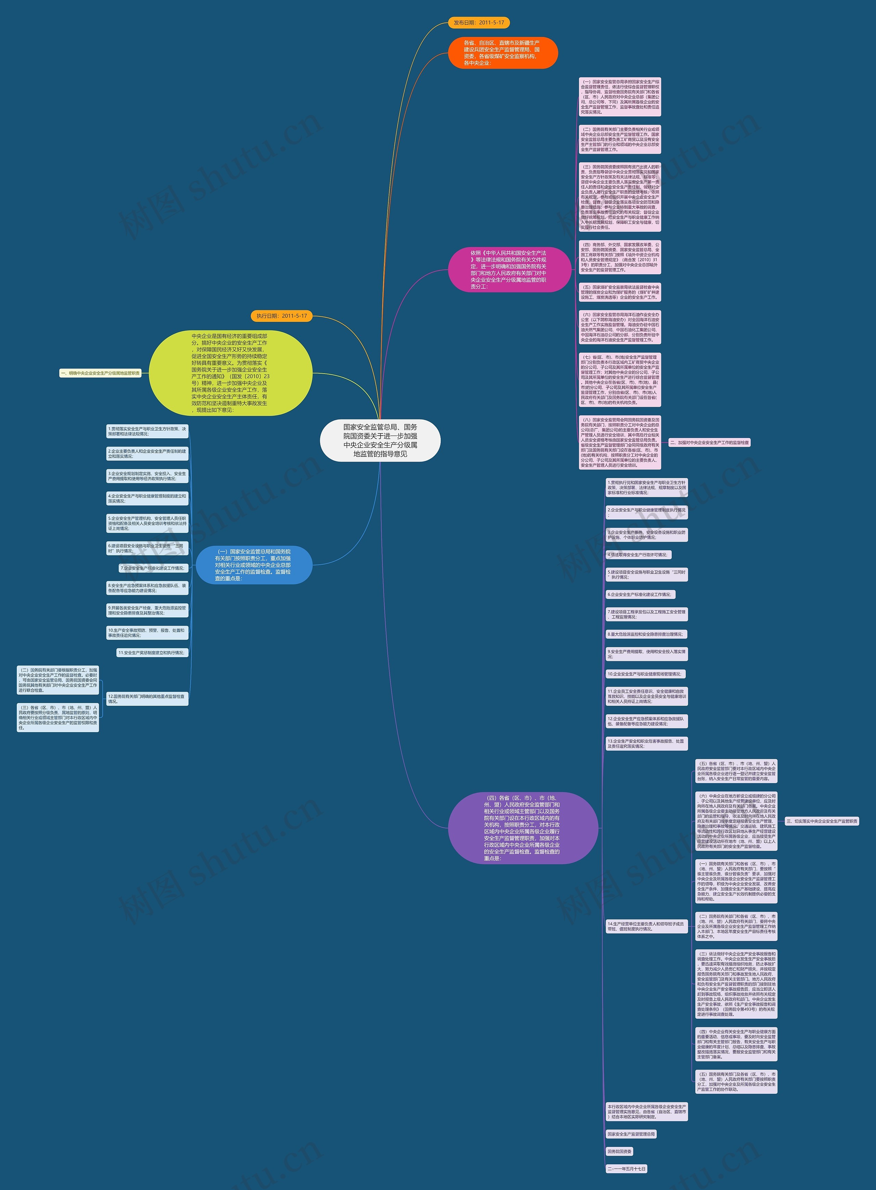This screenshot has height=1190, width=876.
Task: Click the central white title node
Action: point(380,440)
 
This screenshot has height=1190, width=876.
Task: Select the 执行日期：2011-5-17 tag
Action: point(282,316)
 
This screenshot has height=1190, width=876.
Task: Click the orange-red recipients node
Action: point(503,52)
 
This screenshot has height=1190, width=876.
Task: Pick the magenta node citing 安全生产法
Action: point(509,270)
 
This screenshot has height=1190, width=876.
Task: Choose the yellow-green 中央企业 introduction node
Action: point(230,373)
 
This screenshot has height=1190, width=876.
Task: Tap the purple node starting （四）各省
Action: point(522,828)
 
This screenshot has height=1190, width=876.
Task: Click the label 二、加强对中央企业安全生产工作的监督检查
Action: point(709,442)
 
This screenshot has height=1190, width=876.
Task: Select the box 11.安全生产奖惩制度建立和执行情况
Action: point(152,653)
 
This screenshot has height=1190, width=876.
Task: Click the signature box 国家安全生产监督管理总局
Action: point(631,1134)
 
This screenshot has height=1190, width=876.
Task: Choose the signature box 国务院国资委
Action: point(619,1151)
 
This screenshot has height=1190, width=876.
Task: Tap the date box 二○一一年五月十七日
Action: point(626,1169)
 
